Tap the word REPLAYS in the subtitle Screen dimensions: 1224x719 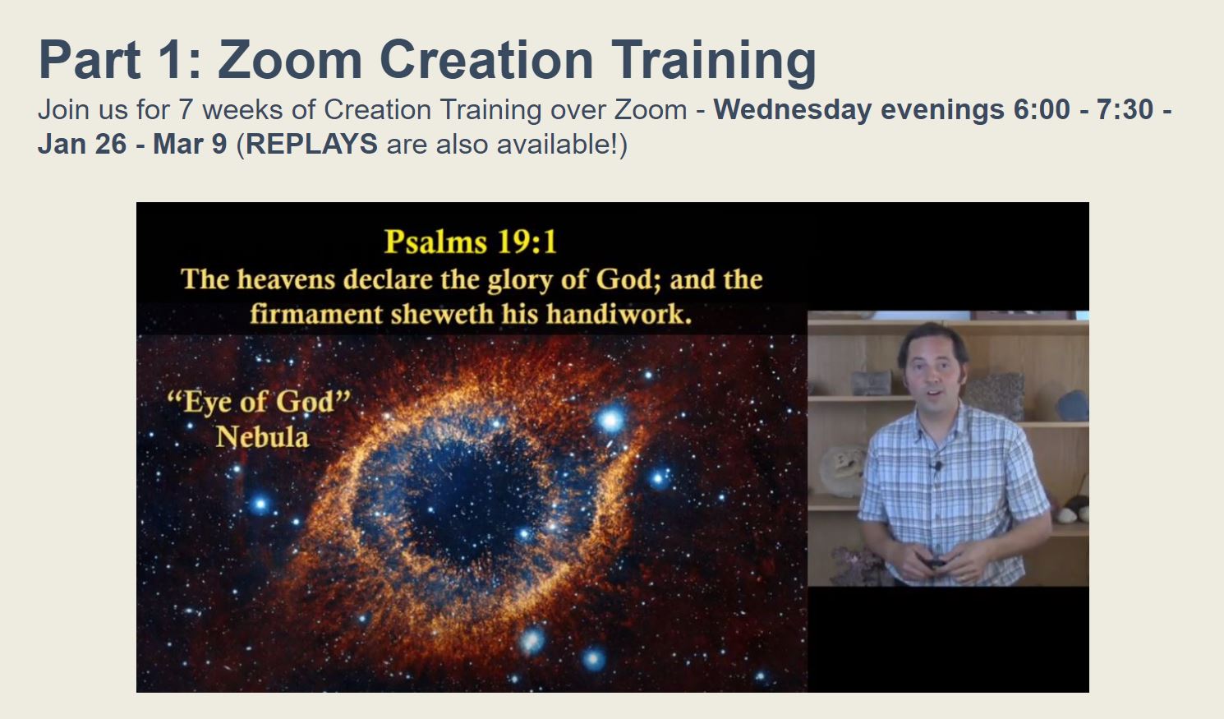[311, 145]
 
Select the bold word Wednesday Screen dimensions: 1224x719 [793, 110]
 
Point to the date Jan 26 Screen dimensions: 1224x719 [82, 145]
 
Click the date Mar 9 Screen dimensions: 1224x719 [190, 145]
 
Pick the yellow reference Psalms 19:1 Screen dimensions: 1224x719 [471, 242]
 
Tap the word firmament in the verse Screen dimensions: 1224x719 [316, 315]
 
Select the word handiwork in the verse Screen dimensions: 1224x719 [619, 315]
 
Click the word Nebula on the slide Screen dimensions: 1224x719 [262, 437]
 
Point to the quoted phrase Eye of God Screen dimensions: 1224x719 [259, 402]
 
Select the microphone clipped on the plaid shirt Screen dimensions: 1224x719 [937, 467]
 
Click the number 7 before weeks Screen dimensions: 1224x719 [185, 109]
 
